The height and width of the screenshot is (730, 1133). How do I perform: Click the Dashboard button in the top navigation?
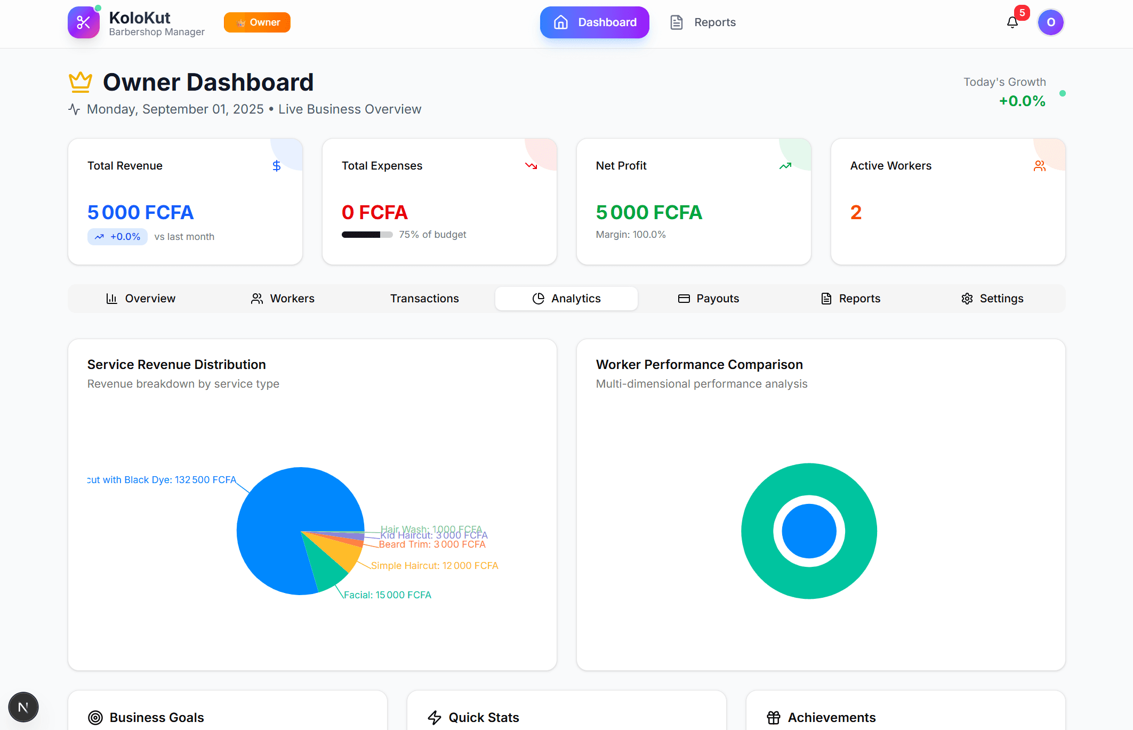pos(594,22)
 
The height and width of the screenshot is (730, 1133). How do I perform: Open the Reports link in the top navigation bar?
pos(703,22)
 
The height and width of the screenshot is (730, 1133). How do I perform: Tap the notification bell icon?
pos(1012,22)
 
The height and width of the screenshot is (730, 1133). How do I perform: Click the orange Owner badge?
pos(257,22)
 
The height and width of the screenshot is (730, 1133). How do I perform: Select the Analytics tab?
pos(566,299)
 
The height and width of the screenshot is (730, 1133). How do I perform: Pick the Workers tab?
pos(283,299)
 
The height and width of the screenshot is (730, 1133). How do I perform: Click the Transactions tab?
pos(424,299)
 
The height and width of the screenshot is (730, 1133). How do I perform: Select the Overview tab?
pos(141,299)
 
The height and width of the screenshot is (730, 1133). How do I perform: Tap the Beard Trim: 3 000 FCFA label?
pos(432,544)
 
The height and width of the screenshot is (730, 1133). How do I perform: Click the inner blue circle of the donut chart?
pos(809,531)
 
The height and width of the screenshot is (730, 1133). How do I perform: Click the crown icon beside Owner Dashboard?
pos(81,82)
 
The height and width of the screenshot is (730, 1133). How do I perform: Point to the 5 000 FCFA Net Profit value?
pos(649,212)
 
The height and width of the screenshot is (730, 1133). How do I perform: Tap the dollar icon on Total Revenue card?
pos(276,166)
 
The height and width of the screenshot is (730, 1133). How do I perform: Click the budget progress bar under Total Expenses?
pos(367,235)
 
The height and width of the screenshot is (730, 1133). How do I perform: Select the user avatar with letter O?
pos(1050,22)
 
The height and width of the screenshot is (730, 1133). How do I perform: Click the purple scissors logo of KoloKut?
pos(84,22)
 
